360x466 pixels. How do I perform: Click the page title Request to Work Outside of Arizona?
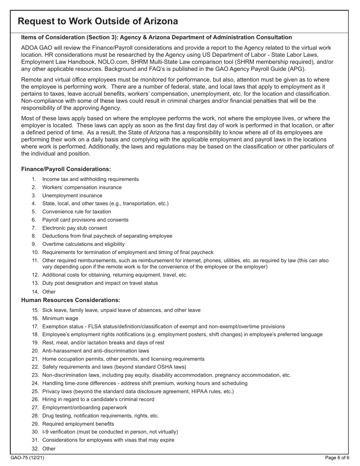tap(98, 21)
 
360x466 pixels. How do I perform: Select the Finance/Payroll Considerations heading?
tap(66, 169)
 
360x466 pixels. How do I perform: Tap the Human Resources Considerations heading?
tap(70, 300)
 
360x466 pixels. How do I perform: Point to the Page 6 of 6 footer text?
tap(337, 458)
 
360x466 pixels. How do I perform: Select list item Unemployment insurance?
tap(72, 195)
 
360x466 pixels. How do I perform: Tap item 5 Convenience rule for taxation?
tap(77, 212)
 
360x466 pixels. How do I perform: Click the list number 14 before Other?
tap(35, 292)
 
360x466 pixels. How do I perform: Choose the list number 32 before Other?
tap(35, 449)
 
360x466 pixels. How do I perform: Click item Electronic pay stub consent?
tap(75, 228)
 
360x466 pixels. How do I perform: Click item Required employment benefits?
tap(78, 424)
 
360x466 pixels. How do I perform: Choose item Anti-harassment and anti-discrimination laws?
tap(95, 351)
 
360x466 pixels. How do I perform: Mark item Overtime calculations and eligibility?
tap(83, 244)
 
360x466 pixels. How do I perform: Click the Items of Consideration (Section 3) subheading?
tap(157, 37)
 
